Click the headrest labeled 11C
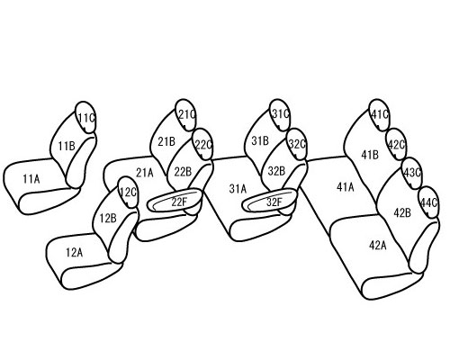(x=85, y=117)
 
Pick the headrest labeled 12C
(x=128, y=193)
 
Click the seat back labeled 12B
(x=107, y=219)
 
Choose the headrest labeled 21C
(x=185, y=115)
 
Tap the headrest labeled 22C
(x=203, y=145)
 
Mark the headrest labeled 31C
(x=280, y=114)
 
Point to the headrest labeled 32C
(x=297, y=144)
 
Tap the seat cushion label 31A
(x=238, y=189)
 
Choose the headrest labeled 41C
(x=380, y=115)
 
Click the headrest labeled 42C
(x=396, y=145)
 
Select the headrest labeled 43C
(x=412, y=173)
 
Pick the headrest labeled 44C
(x=428, y=202)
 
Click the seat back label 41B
(x=370, y=155)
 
